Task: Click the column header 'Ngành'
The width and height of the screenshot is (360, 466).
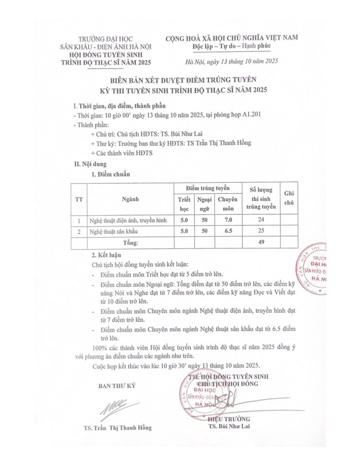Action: pos(130,199)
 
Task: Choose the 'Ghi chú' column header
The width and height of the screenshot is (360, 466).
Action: pos(289,199)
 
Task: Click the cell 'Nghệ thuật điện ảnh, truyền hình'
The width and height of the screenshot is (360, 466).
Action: pos(128,221)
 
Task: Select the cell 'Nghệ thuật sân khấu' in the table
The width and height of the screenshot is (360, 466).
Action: pos(112,232)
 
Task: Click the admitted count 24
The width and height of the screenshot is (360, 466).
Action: pos(261,221)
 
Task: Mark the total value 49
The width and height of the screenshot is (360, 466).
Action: pos(261,243)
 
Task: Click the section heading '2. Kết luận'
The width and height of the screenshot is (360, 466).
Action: pos(106,255)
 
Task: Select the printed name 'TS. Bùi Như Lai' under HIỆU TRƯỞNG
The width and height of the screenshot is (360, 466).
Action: pos(229,427)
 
